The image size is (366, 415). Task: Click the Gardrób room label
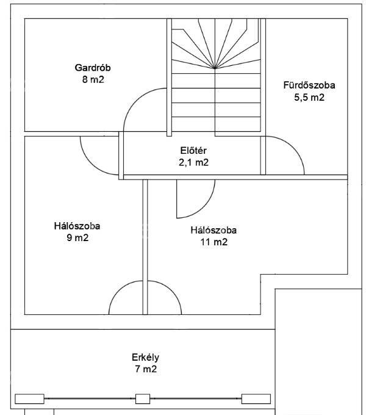point(93,68)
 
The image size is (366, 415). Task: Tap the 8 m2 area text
point(93,79)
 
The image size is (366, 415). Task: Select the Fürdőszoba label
point(309,85)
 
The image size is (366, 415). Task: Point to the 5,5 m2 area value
point(309,98)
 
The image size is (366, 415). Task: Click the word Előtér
point(193,150)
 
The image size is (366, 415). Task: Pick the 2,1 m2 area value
point(193,162)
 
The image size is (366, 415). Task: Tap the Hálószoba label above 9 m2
point(77,226)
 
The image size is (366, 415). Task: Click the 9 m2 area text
point(77,237)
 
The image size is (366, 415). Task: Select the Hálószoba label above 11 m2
point(213,230)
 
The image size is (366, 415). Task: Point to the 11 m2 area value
point(214,242)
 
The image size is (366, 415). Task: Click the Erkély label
point(145,358)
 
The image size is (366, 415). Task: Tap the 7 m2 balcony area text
point(146,369)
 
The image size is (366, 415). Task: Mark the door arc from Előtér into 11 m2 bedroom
point(204,207)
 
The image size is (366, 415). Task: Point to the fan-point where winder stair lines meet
point(215,68)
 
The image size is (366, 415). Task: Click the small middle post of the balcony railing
point(143,399)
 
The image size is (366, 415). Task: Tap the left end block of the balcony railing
point(29,399)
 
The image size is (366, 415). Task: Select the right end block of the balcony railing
point(256,399)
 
